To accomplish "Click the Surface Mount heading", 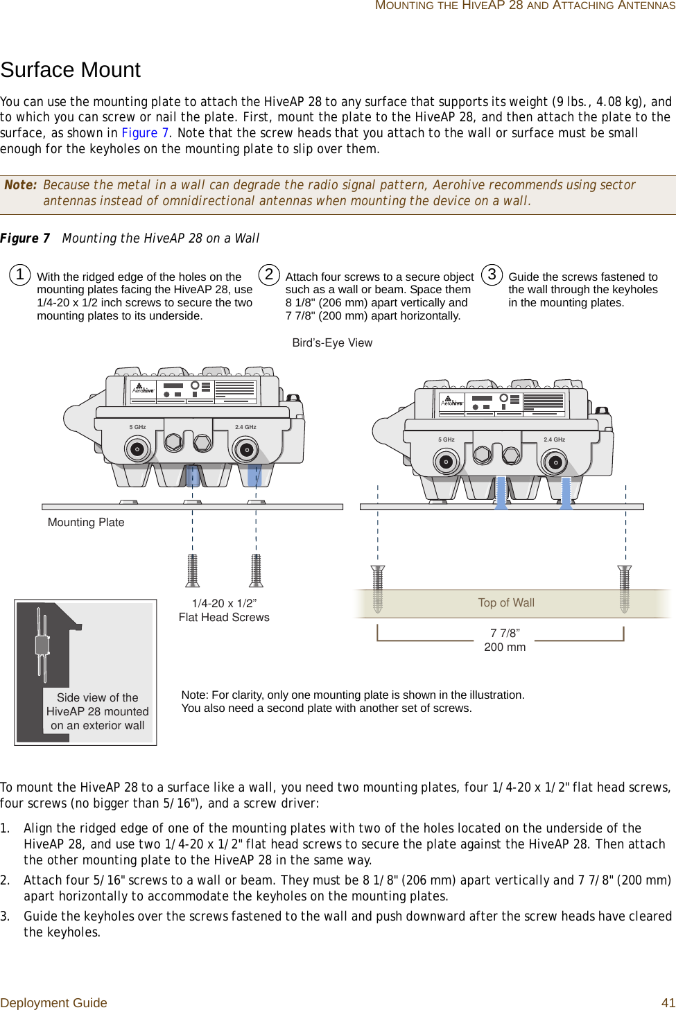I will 71,70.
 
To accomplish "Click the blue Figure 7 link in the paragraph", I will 145,133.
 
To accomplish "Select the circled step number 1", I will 20,275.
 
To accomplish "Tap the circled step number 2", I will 269,274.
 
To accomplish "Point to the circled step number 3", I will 492,274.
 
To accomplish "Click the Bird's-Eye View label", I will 332,343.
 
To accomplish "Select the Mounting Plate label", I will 86,523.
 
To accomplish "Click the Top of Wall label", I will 506,603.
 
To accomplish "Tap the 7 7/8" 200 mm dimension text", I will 505,641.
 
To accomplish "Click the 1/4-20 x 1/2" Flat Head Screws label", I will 224,611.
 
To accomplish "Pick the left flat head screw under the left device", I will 193,570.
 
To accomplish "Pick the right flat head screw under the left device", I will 257,570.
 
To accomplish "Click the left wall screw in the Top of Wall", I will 378,589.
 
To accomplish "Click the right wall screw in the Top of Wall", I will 625,589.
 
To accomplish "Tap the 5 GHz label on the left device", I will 137,427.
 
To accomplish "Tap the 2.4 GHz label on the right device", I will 554,439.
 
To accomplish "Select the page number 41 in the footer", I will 668,1003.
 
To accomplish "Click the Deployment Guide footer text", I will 54,1003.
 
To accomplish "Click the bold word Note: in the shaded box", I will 21,185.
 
